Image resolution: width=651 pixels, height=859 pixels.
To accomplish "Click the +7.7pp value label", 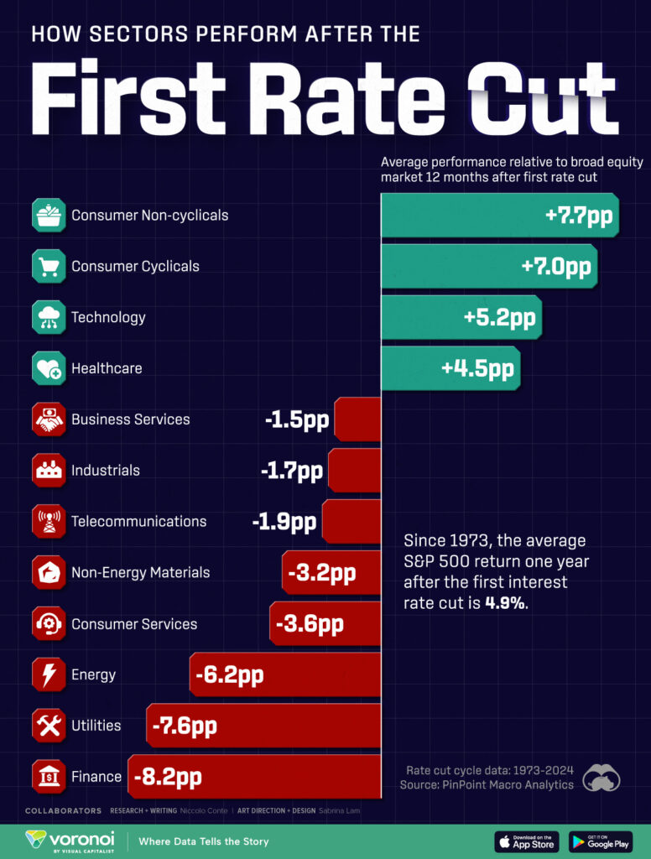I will click(579, 216).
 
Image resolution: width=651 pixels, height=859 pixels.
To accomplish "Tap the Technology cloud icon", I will click(48, 318).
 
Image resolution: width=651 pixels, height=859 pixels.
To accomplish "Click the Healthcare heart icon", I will click(48, 369).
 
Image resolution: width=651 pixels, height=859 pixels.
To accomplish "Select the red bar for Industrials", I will click(354, 471).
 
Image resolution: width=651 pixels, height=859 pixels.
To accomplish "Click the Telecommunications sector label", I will click(138, 522).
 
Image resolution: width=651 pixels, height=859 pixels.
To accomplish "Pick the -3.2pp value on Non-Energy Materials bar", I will click(322, 574).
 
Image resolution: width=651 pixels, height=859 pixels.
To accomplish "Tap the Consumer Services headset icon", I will click(48, 624).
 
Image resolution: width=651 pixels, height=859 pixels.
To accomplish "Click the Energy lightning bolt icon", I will click(48, 675).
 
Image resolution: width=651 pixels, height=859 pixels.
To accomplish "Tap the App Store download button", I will click(527, 841).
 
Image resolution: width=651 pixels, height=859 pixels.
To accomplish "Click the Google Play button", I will click(601, 841).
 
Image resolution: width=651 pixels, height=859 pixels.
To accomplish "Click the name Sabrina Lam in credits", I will click(340, 811).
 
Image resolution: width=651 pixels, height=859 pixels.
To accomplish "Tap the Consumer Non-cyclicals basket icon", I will click(48, 216).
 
